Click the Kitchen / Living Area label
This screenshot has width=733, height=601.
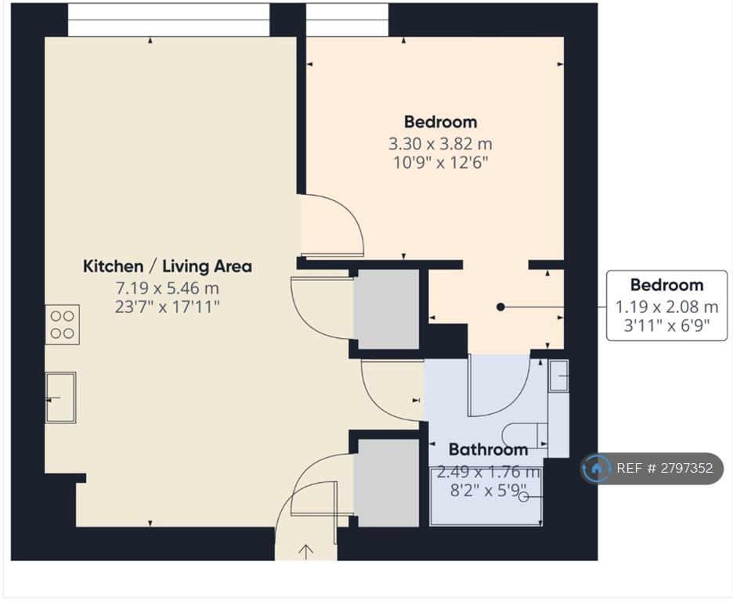pyautogui.click(x=168, y=266)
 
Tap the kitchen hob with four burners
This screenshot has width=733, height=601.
pyautogui.click(x=62, y=325)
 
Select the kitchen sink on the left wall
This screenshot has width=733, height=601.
pyautogui.click(x=61, y=398)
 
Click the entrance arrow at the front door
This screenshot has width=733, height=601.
pyautogui.click(x=305, y=552)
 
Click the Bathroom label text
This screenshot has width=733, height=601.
pyautogui.click(x=488, y=449)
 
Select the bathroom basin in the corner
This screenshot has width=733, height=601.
pyautogui.click(x=558, y=376)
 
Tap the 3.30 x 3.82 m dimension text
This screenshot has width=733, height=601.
pyautogui.click(x=440, y=143)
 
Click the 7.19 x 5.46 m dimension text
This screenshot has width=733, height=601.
pyautogui.click(x=168, y=288)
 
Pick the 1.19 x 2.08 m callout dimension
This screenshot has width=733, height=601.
pyautogui.click(x=666, y=307)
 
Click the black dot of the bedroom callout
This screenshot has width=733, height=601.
pyautogui.click(x=500, y=307)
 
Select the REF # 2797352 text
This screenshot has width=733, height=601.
pyautogui.click(x=665, y=468)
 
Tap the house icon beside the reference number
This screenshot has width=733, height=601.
pyautogui.click(x=596, y=468)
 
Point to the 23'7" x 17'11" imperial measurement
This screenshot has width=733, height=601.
pyautogui.click(x=168, y=307)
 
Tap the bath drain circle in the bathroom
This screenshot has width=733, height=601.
pyautogui.click(x=524, y=498)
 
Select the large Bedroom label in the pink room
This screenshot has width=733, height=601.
pyautogui.click(x=440, y=122)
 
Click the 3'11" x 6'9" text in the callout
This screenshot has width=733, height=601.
pyautogui.click(x=666, y=325)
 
